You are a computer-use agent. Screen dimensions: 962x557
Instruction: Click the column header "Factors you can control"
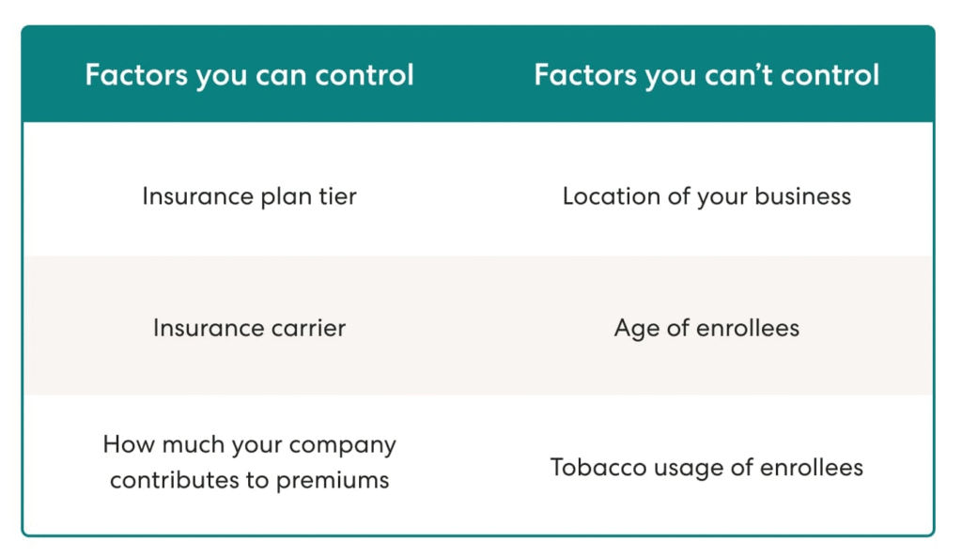[x=249, y=76]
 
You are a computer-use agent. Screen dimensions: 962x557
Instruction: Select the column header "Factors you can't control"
[x=706, y=76]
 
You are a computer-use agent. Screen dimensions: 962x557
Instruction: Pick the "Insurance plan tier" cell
[x=249, y=197]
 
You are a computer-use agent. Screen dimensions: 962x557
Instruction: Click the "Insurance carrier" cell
[x=249, y=328]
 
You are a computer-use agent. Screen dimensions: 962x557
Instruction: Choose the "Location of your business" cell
[x=706, y=197]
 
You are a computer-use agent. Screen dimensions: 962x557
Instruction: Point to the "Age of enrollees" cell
[x=706, y=329]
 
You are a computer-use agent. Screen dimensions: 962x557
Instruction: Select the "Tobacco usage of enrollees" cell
[x=706, y=468]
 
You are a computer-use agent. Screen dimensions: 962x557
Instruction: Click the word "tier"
[x=337, y=196]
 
